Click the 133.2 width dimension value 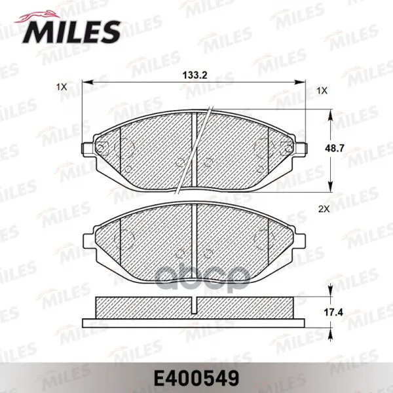click(x=195, y=75)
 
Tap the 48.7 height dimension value click(x=335, y=149)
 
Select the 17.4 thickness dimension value click(x=333, y=312)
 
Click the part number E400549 click(x=196, y=379)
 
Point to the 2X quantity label click(x=324, y=209)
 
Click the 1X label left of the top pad click(x=62, y=87)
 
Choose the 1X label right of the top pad click(x=322, y=91)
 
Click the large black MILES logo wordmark click(x=71, y=32)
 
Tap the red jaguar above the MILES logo click(x=37, y=17)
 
